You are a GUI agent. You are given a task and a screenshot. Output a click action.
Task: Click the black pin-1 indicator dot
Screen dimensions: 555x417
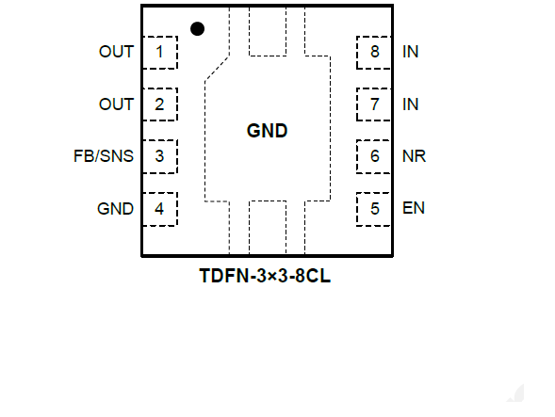pos(197,28)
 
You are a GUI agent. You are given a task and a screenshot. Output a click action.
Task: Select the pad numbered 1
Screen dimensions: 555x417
pos(160,53)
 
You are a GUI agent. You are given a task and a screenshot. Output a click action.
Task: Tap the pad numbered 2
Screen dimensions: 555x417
pos(160,104)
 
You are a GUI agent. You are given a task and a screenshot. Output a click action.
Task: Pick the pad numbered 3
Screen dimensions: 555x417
pos(160,156)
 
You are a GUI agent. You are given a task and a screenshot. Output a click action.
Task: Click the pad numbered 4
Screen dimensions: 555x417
pos(160,209)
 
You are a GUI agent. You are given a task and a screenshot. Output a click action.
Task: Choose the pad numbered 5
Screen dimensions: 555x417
pos(374,209)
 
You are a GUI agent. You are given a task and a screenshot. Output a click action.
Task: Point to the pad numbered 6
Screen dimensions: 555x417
pos(374,156)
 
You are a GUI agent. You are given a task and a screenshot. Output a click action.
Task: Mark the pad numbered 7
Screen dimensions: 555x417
pos(374,104)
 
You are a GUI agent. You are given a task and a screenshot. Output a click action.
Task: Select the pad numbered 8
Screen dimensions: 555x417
pos(374,53)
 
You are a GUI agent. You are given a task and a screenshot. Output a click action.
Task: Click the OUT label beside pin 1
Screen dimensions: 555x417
pos(117,52)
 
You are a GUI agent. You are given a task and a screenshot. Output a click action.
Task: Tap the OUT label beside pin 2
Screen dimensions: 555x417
pos(117,104)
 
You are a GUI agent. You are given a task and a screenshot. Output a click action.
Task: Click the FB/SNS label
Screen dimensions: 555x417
pos(104,156)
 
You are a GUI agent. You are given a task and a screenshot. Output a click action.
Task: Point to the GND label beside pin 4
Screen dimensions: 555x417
pos(115,209)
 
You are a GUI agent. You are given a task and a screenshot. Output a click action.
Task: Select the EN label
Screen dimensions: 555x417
pos(414,208)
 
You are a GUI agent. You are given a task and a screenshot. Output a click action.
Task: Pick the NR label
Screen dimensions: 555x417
pos(414,156)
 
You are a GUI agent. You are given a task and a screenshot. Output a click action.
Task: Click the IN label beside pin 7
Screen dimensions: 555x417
pos(411,104)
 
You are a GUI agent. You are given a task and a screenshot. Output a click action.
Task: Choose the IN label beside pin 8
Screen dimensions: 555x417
pos(411,52)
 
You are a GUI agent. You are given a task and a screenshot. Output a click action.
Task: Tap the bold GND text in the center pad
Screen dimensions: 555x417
pos(268,131)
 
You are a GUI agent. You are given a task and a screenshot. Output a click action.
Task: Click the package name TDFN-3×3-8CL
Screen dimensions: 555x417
pos(265,276)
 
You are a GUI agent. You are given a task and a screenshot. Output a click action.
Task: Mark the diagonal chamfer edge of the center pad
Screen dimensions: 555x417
pos(217,69)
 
